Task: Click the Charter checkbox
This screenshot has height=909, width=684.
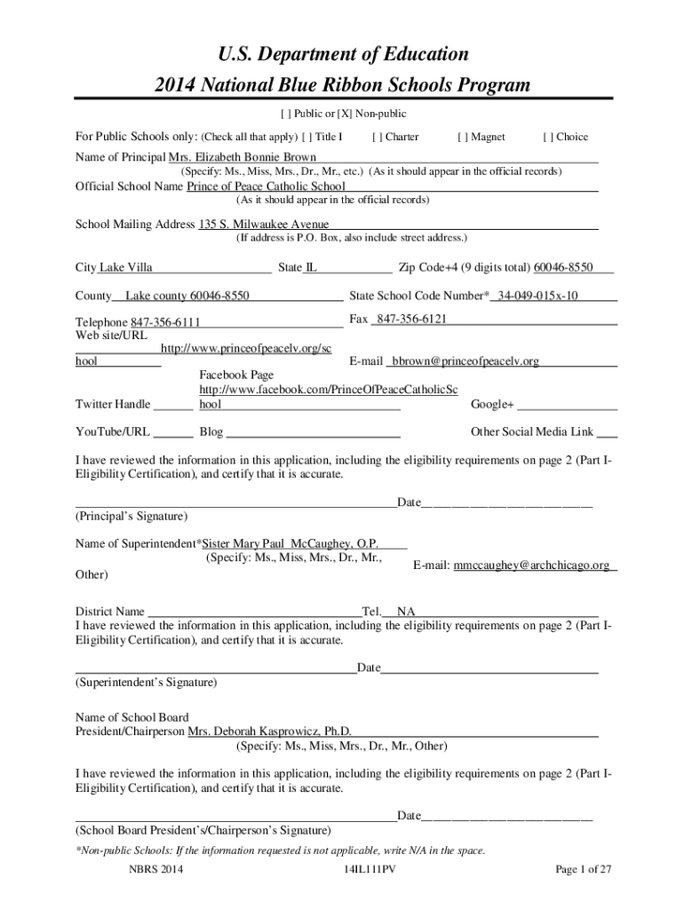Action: pos(378,138)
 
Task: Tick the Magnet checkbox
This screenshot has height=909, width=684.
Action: pos(462,138)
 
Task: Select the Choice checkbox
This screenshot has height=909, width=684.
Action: pos(547,138)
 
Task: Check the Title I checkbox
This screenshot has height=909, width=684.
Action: pos(306,138)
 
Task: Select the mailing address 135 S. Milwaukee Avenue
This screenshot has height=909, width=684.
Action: pos(263,225)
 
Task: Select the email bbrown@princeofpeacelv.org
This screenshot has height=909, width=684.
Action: pos(466,361)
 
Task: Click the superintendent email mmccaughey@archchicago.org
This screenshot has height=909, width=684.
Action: pos(531,565)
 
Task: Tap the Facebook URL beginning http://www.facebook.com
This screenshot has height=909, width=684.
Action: pos(328,390)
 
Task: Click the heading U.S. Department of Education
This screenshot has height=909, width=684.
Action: pos(341,55)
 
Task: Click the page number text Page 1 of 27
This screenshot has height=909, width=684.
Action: pos(584,869)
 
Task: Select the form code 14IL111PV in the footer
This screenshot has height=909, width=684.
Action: pos(369,869)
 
